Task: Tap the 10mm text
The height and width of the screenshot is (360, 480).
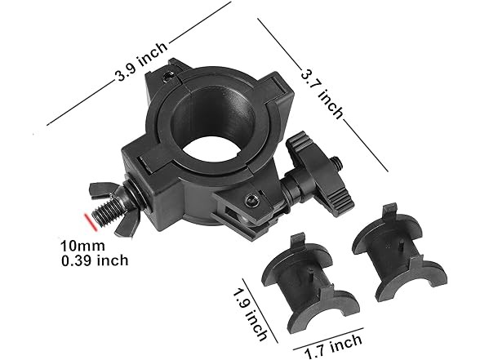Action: pos(76,244)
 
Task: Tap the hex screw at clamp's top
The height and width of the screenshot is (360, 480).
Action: pos(169,75)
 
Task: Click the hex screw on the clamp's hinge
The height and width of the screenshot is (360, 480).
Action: pos(253,200)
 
